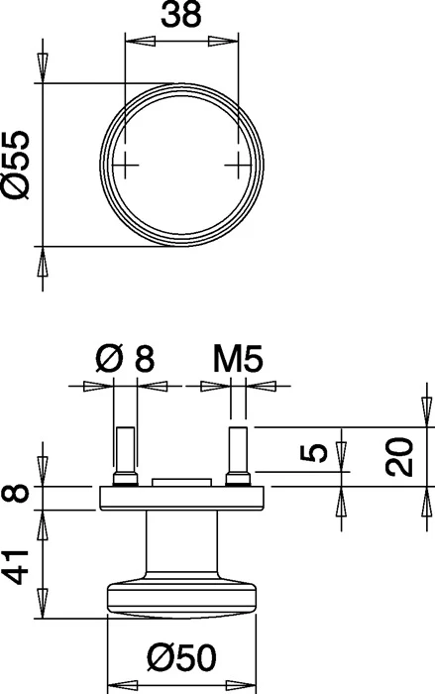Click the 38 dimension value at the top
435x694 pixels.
(181, 15)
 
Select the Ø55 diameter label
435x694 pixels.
(16, 165)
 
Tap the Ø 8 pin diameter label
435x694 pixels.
(125, 359)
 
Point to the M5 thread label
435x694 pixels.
(238, 359)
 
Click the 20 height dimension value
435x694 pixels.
(399, 457)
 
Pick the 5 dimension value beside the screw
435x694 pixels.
(314, 453)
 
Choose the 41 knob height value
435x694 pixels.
(16, 567)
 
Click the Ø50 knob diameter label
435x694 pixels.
(182, 657)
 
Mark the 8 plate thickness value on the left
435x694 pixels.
(16, 494)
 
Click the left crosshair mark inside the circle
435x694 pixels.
(125, 166)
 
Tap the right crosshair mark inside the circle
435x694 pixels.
(238, 166)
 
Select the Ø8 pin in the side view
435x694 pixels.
(126, 456)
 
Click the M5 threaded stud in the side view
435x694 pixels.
(238, 456)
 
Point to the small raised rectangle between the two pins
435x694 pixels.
(181, 482)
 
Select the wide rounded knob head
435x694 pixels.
(181, 599)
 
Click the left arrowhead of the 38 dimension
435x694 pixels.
(141, 42)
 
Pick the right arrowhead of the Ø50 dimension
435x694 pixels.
(240, 684)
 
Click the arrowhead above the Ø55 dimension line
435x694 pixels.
(43, 67)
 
